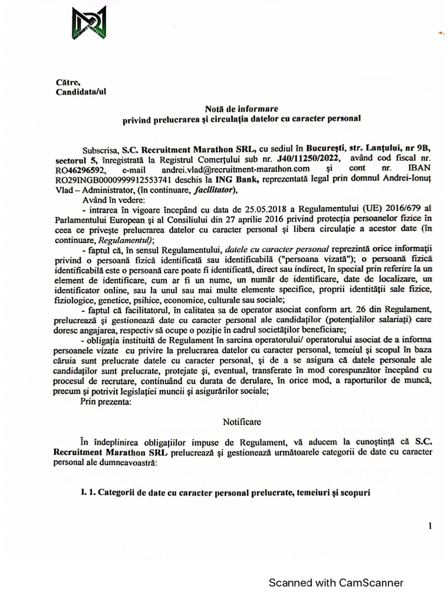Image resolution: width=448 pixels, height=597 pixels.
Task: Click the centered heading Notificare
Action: point(242,421)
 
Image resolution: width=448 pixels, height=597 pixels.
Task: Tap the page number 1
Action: point(430,526)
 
